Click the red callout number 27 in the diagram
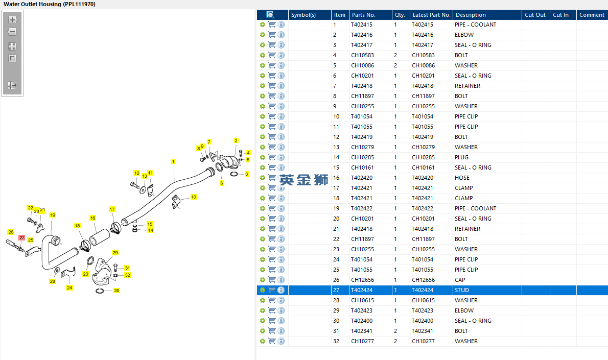21,237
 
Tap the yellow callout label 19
52,215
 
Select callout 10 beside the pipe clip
194,197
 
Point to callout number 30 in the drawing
116,290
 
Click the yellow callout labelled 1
173,161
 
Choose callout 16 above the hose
92,218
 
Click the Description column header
471,15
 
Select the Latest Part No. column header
431,15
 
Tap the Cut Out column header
535,15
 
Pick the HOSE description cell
462,178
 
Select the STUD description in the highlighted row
462,290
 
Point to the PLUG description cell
461,157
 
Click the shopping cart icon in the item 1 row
272,25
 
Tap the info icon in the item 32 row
281,341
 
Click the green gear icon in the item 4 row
263,55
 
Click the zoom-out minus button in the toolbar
12,32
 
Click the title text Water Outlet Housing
32,4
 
